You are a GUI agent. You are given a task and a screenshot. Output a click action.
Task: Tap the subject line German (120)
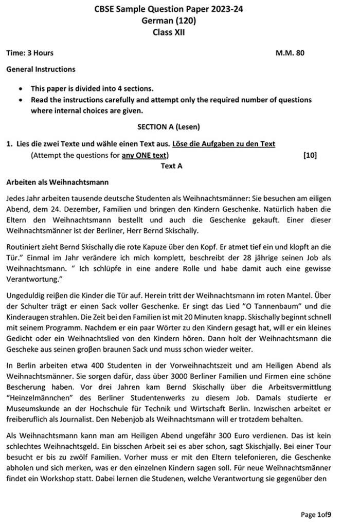click(x=169, y=21)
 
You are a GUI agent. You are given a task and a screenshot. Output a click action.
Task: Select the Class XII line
click(x=169, y=32)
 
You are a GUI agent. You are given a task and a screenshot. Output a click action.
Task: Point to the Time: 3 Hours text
click(x=30, y=53)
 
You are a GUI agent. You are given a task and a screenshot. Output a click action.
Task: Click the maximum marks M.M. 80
click(x=290, y=53)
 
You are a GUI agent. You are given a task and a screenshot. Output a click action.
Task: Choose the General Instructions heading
click(x=41, y=69)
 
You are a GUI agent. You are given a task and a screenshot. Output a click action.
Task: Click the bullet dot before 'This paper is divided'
click(x=20, y=89)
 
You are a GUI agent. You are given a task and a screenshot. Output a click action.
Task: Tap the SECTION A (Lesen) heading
click(x=169, y=126)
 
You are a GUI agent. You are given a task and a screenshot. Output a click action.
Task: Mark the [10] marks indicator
click(x=310, y=155)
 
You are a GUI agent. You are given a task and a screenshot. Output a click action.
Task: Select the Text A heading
click(x=171, y=166)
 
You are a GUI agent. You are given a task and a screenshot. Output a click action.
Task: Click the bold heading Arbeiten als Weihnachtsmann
click(x=57, y=182)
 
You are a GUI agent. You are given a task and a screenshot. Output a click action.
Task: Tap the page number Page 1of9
click(x=316, y=514)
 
